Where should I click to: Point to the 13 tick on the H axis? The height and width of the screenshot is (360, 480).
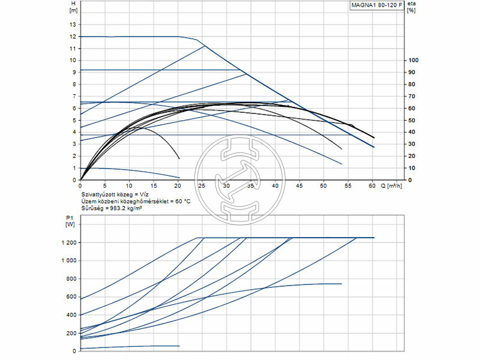click(73, 25)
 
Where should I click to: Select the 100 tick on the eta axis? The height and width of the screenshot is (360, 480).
click(412, 60)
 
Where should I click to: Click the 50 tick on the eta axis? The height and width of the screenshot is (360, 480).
click(411, 120)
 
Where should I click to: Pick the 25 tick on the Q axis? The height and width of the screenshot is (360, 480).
click(202, 185)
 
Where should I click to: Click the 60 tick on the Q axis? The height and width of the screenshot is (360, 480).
click(372, 185)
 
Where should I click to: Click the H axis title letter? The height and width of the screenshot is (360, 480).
click(73, 4)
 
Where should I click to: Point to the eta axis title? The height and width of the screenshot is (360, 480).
click(410, 4)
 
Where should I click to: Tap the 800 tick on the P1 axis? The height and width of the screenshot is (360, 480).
click(70, 278)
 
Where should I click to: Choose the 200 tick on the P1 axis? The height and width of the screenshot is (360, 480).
click(70, 332)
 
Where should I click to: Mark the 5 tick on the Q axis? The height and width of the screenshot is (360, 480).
click(104, 185)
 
